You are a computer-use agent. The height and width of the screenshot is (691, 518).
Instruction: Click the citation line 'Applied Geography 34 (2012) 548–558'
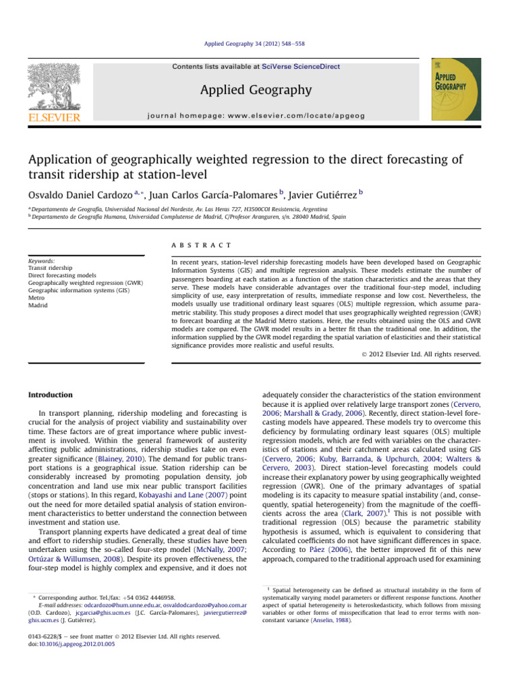pos(259,51)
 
